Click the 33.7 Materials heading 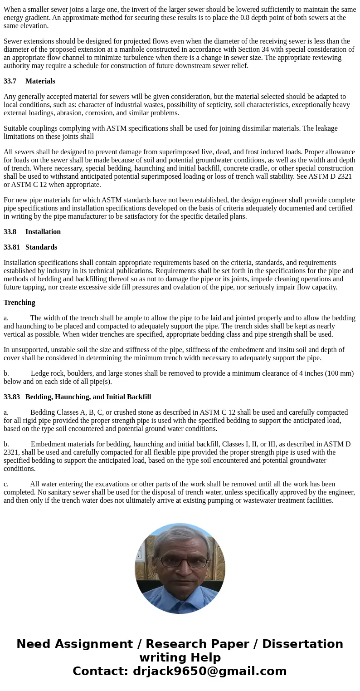pos(29,81)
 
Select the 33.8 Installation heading pos(32,232)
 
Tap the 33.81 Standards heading pos(30,247)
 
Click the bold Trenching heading pos(19,303)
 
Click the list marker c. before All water pos(6,484)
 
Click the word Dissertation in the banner pos(302,644)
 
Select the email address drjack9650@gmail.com pos(209,671)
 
